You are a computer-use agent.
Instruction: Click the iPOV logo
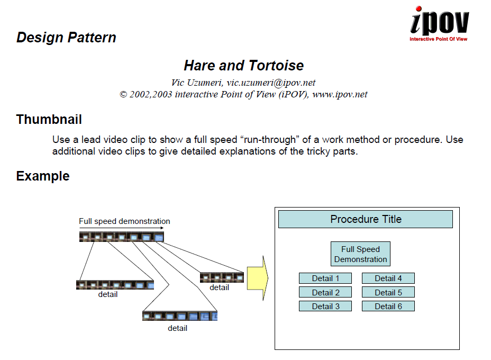click(x=439, y=24)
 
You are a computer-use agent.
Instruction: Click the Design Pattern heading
click(x=66, y=38)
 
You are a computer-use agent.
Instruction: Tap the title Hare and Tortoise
click(x=244, y=66)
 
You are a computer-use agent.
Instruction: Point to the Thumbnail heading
click(x=49, y=120)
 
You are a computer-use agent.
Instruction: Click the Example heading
click(x=43, y=176)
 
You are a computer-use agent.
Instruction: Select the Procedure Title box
click(x=366, y=219)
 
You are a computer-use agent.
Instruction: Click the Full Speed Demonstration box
click(x=360, y=254)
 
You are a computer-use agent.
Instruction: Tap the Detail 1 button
click(x=325, y=278)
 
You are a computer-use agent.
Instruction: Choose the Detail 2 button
click(x=325, y=292)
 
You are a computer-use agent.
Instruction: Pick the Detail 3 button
click(x=325, y=306)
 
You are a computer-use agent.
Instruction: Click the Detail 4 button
click(x=388, y=278)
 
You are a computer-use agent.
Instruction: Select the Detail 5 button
click(x=388, y=292)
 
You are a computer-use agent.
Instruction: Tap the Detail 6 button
click(x=388, y=306)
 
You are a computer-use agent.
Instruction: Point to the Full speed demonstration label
click(x=124, y=221)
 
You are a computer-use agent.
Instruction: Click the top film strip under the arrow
click(x=121, y=237)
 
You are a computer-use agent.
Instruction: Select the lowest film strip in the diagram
click(x=180, y=316)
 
